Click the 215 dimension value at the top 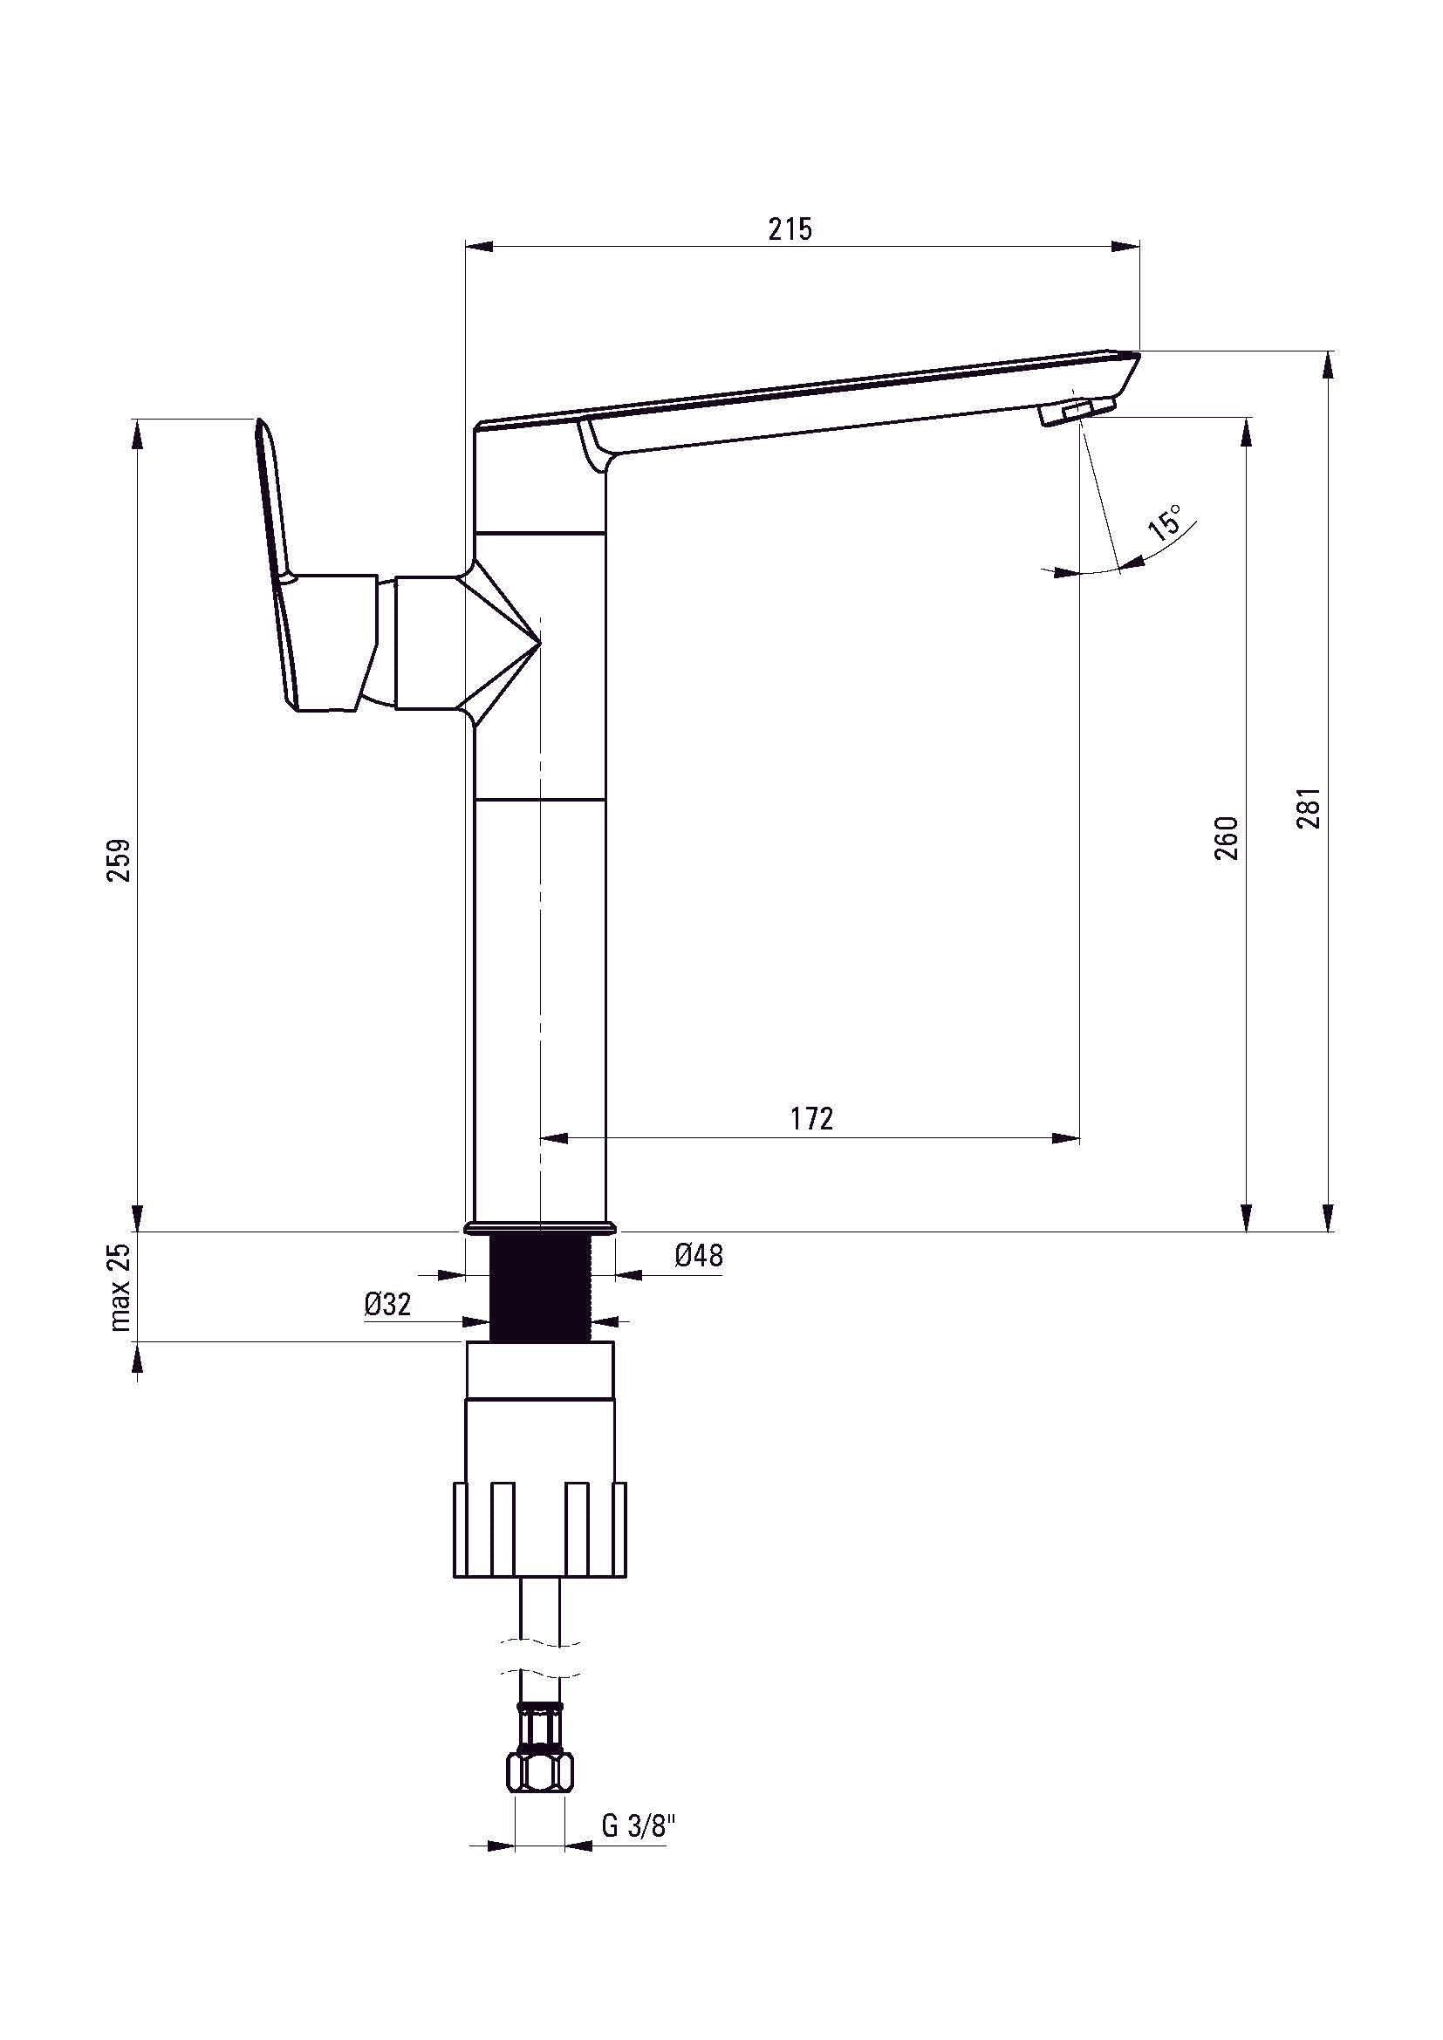click(790, 229)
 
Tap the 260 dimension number click(1225, 837)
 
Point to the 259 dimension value click(119, 859)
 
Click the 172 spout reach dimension click(812, 1118)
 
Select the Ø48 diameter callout click(699, 1255)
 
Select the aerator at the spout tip click(1076, 412)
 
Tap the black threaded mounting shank click(540, 1288)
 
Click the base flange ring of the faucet click(539, 1228)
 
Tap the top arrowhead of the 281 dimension click(1329, 365)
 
